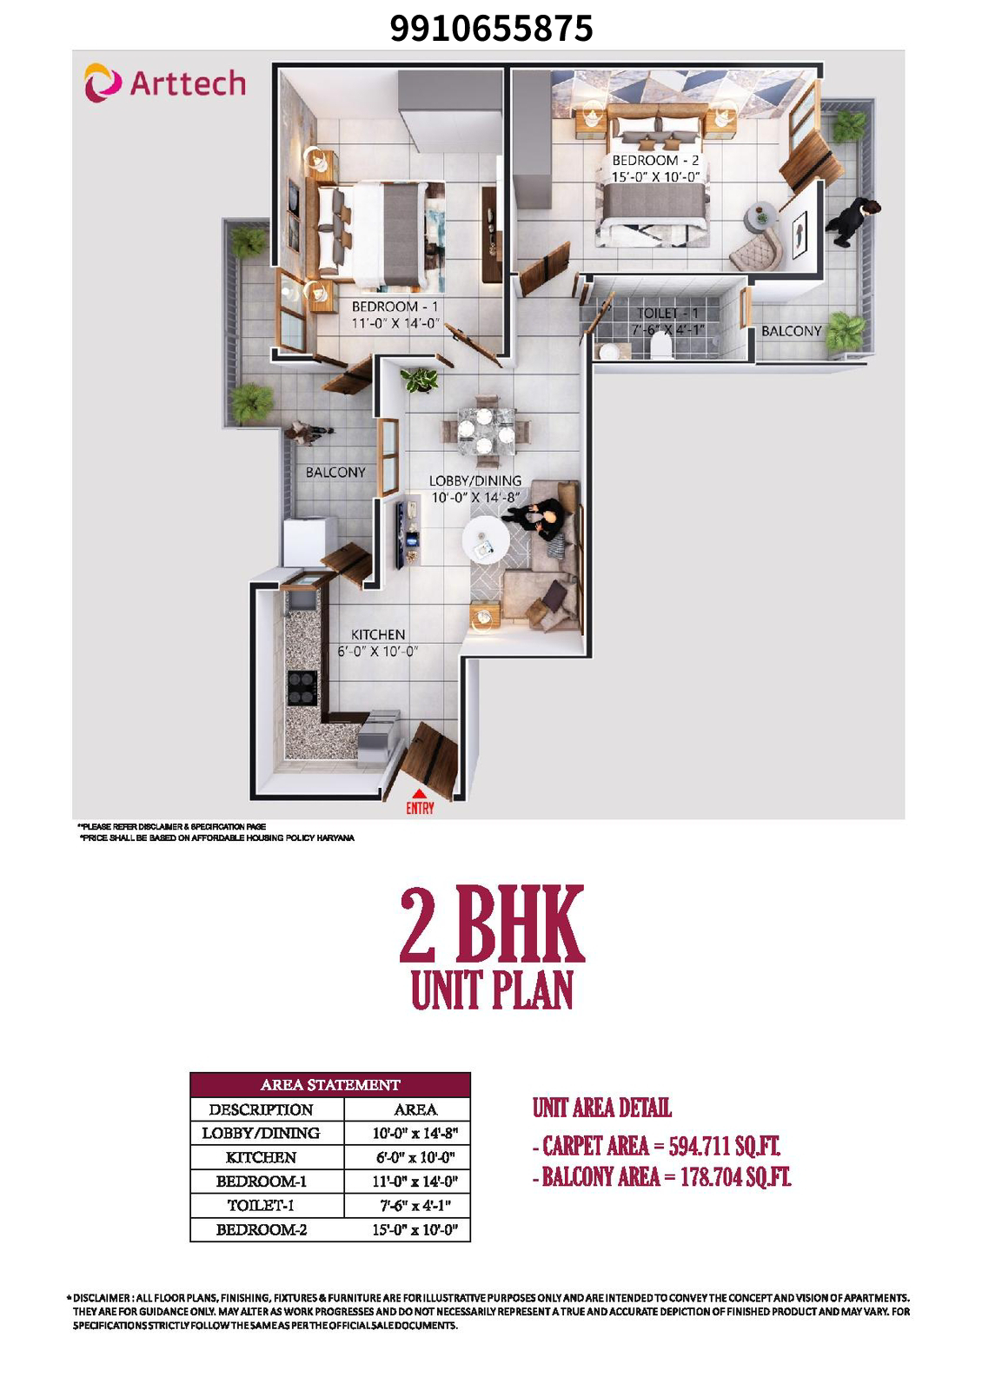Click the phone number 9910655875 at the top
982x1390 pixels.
click(491, 29)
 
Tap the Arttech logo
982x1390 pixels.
click(165, 83)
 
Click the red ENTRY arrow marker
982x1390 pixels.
click(419, 795)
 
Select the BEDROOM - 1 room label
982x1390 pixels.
click(395, 307)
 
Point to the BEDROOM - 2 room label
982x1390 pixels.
click(655, 161)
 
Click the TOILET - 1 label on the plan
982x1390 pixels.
click(667, 314)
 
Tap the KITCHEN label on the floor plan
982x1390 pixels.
click(377, 635)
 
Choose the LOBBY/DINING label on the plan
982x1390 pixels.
click(474, 480)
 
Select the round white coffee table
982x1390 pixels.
click(486, 539)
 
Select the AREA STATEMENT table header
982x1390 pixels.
click(330, 1085)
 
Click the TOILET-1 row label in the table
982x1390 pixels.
click(261, 1206)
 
